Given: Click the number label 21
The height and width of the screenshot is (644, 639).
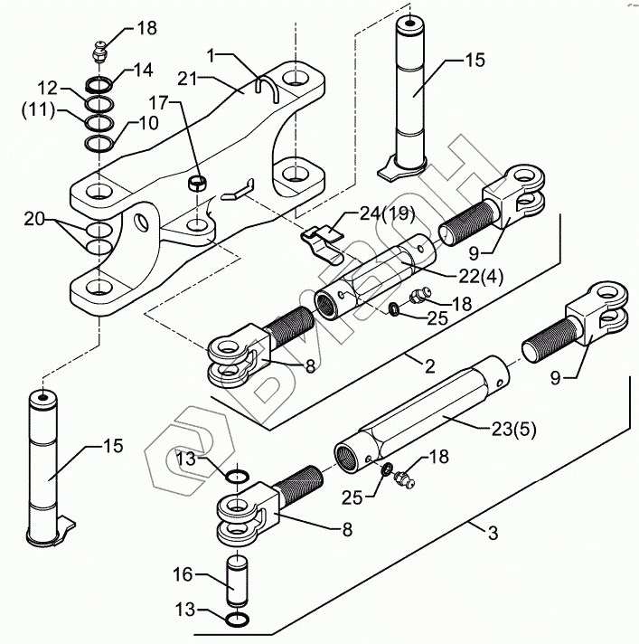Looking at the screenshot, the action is (188, 79).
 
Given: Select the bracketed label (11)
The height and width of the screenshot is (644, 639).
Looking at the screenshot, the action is (39, 111).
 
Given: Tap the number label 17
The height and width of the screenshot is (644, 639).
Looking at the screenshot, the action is (158, 103).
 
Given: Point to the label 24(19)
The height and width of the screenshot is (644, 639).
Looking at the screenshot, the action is (387, 214).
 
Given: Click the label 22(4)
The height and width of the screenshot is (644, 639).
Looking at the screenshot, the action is (481, 277).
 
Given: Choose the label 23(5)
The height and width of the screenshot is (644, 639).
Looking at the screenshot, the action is (514, 430).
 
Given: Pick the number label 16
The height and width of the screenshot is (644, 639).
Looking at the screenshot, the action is (183, 574).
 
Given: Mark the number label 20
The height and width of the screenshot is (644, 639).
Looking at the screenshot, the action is (34, 219).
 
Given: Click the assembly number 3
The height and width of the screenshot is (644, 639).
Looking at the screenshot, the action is (493, 534).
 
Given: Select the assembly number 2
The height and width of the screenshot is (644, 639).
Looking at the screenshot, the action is (429, 366).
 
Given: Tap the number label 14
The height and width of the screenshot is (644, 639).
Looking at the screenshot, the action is (143, 71).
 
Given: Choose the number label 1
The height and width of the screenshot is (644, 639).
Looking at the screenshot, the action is (211, 56).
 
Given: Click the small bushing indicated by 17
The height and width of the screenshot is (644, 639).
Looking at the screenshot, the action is (198, 183).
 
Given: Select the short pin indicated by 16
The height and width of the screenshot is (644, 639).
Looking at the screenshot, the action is (238, 581).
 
